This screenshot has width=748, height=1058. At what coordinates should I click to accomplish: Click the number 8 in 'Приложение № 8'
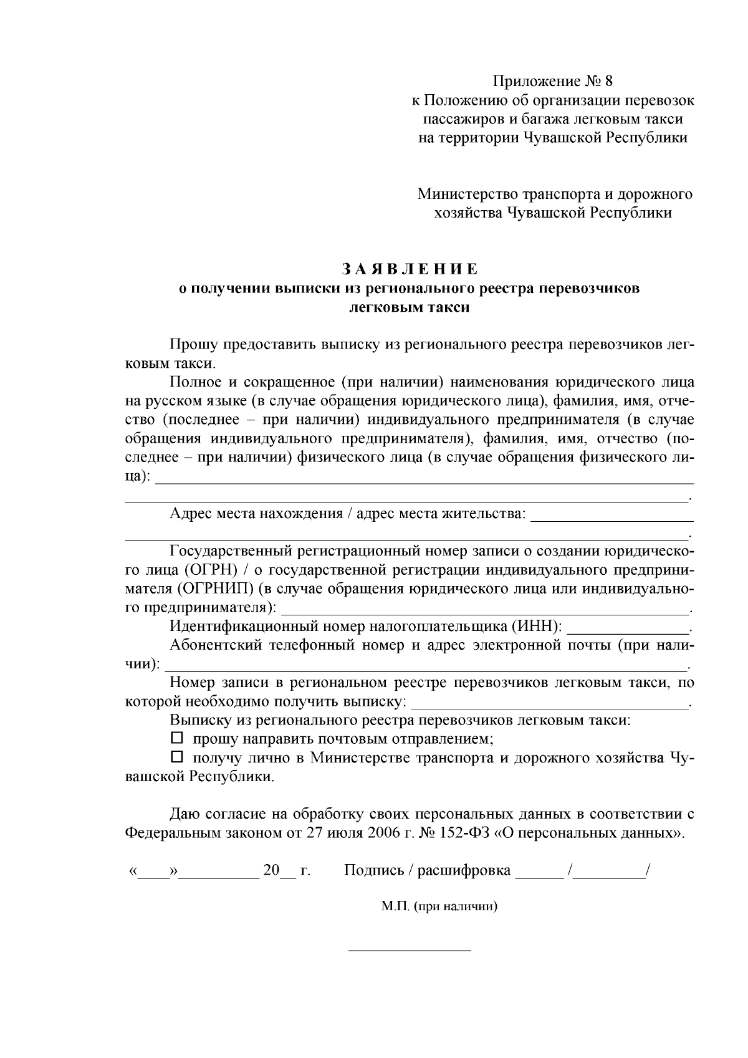[x=609, y=82]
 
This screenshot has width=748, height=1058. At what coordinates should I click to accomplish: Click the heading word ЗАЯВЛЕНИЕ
[x=410, y=269]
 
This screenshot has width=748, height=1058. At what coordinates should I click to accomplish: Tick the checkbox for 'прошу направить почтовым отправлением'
[x=177, y=739]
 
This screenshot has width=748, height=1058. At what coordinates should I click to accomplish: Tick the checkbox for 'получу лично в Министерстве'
[x=177, y=757]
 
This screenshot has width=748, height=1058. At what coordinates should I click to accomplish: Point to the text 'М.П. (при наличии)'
[x=439, y=907]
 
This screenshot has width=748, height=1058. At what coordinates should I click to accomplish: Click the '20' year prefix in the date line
[x=271, y=870]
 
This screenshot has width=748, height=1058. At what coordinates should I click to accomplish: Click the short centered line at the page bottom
[x=409, y=951]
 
